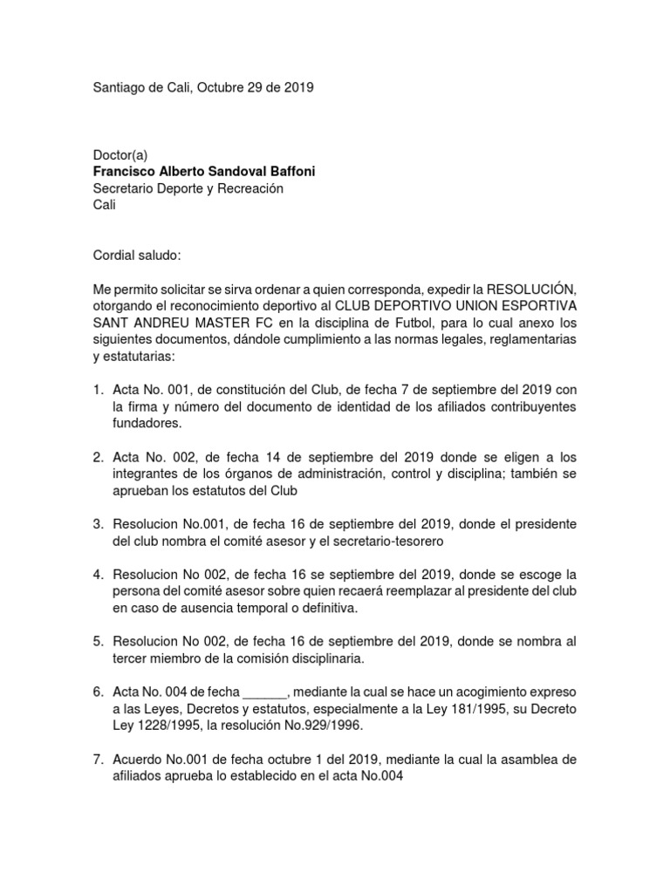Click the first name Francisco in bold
point(126,172)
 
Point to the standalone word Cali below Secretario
point(104,206)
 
